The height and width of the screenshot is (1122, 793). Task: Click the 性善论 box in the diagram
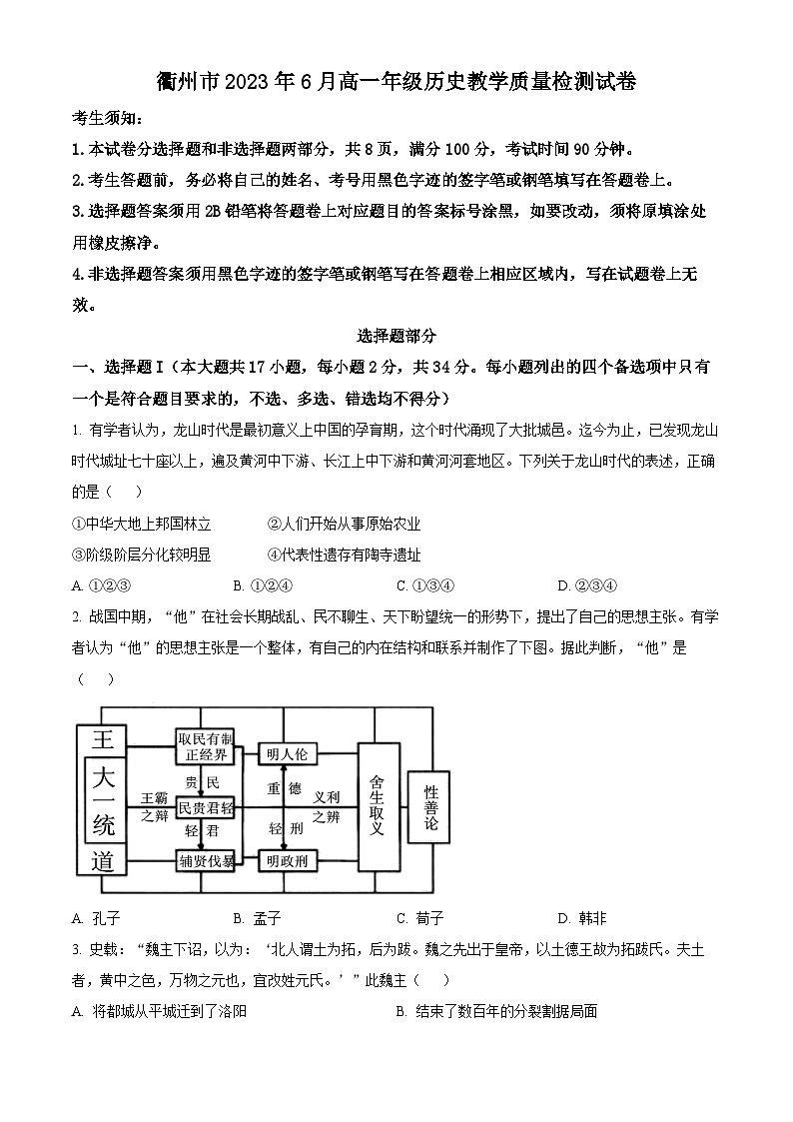[x=430, y=809]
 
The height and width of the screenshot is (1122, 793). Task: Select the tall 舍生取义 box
[x=377, y=807]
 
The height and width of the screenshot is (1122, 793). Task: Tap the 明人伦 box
[x=285, y=753]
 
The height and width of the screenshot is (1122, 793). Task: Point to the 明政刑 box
[x=285, y=859]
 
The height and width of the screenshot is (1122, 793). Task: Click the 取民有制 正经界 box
[x=205, y=745]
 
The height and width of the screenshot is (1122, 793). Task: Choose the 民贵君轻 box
[x=205, y=807]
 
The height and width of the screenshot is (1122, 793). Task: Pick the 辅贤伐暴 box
[x=205, y=859]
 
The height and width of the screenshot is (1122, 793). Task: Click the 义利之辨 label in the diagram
[x=327, y=807]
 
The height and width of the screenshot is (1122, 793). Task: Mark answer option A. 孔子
[x=96, y=918]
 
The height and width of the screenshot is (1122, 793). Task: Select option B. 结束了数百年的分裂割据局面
[x=496, y=1011]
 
